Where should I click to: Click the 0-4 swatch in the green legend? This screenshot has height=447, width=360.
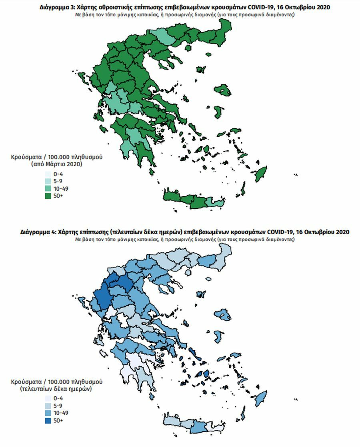click(x=48, y=174)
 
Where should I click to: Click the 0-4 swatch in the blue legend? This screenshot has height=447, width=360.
click(x=48, y=398)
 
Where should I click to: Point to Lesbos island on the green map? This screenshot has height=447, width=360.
click(x=222, y=90)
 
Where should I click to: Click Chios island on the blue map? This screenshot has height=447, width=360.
click(x=218, y=111)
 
